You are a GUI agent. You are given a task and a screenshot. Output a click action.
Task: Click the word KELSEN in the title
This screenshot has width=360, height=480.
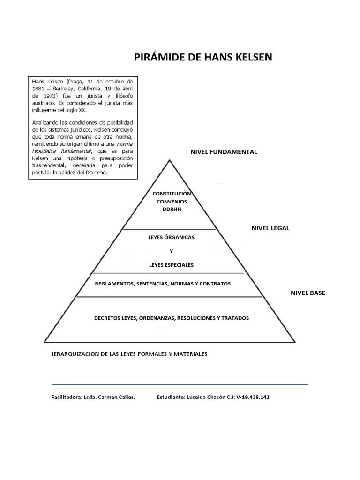click(248, 57)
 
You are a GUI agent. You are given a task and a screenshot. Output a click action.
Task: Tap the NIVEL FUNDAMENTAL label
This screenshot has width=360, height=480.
click(224, 152)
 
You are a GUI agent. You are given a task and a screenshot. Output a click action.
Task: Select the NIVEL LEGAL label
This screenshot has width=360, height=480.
click(270, 228)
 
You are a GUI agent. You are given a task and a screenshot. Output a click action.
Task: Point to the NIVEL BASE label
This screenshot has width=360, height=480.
click(307, 293)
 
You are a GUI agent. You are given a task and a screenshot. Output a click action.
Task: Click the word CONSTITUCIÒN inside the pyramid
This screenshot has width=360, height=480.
click(172, 194)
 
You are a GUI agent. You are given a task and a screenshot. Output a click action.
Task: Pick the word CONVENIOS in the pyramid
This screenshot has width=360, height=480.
click(171, 202)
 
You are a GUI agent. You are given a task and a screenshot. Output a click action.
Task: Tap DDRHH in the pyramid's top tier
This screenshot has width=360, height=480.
click(171, 210)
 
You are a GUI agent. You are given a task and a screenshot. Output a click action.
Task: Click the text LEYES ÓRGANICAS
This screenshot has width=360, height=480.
click(171, 237)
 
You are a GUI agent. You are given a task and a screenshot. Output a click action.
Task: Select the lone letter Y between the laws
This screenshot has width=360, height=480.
click(171, 251)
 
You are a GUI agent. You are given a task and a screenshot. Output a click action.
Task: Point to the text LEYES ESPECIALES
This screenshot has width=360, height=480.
click(171, 265)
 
